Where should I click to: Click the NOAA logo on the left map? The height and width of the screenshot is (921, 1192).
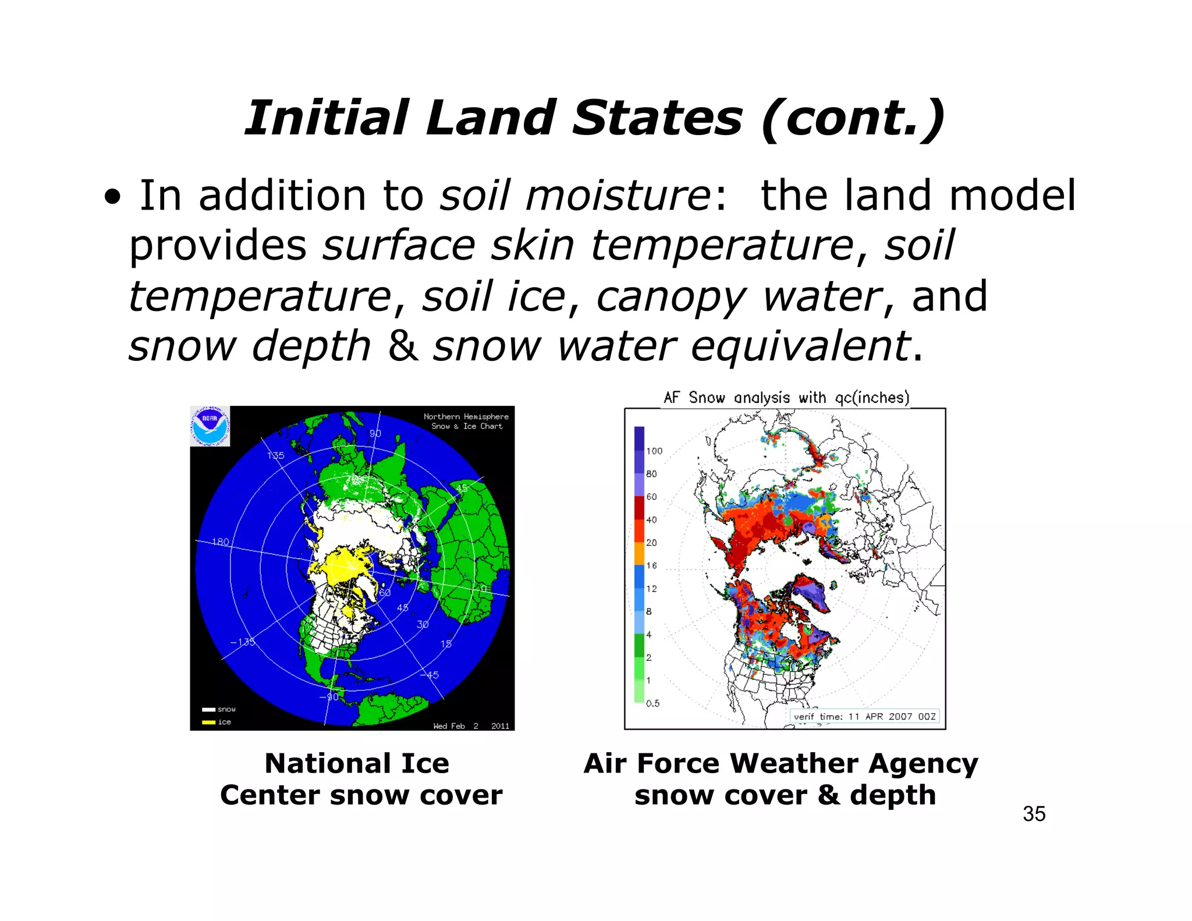click(210, 426)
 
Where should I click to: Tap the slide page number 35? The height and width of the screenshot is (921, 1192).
click(1034, 814)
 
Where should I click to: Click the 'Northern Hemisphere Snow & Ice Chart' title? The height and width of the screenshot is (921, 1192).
click(466, 421)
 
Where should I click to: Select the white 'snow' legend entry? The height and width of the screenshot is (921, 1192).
click(219, 709)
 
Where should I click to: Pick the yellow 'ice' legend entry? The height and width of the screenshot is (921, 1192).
click(217, 722)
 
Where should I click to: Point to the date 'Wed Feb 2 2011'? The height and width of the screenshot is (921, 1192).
click(471, 726)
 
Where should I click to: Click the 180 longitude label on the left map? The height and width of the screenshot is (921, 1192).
click(221, 542)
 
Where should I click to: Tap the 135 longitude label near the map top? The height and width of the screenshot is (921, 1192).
click(275, 455)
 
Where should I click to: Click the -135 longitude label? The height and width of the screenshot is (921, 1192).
click(242, 642)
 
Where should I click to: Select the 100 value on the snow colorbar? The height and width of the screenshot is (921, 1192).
click(654, 451)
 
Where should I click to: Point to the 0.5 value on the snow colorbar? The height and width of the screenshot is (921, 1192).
click(652, 703)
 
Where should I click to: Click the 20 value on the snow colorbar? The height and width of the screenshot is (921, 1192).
click(651, 543)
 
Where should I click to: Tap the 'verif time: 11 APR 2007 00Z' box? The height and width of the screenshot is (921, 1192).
click(864, 716)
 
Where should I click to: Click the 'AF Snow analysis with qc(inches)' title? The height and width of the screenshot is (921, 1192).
click(786, 398)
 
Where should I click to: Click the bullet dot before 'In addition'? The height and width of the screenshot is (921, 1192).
click(113, 198)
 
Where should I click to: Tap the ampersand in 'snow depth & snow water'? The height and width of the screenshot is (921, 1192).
click(403, 345)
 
